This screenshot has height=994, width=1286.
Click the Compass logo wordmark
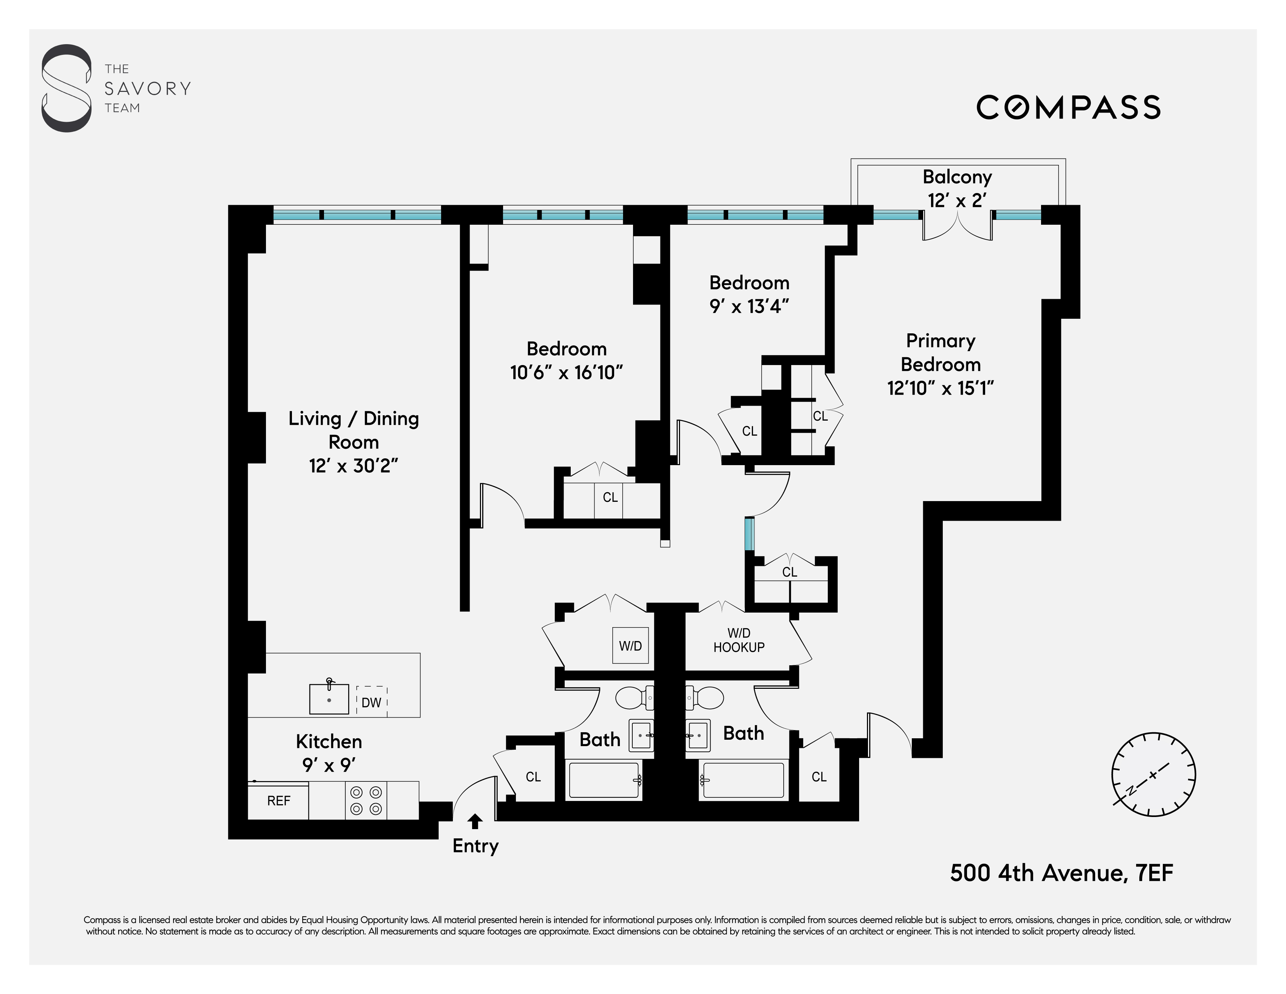1068,108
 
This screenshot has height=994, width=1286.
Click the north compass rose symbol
1153,774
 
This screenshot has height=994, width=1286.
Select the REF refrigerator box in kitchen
278,801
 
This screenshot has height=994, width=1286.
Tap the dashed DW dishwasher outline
372,701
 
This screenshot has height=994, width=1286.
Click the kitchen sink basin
329,699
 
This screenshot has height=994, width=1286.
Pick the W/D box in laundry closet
630,646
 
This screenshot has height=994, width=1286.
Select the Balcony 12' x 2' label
957,188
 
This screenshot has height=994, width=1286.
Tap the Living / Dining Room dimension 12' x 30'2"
353,466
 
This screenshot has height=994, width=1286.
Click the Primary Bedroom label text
940,352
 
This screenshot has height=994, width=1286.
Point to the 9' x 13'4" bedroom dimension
749,306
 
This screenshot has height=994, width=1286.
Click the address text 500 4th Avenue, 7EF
1061,873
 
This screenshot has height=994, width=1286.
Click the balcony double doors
957,227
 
